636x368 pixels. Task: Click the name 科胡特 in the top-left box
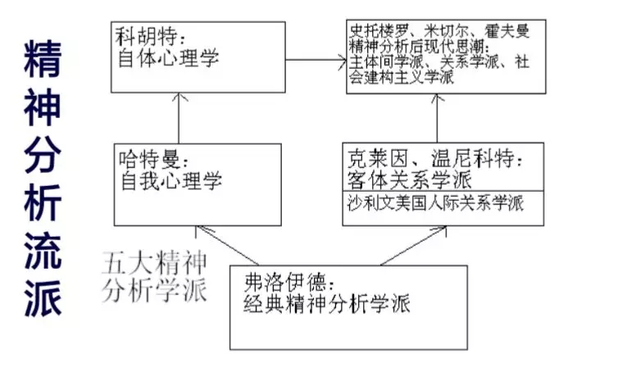pyautogui.click(x=146, y=37)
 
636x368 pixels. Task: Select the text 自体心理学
pyautogui.click(x=168, y=57)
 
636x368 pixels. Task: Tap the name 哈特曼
pyautogui.click(x=149, y=159)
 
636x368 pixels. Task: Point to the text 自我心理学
pyautogui.click(x=171, y=180)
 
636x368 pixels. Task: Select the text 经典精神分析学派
pyautogui.click(x=327, y=304)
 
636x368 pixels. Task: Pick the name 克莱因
pyautogui.click(x=377, y=158)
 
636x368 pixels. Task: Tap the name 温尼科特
pyautogui.click(x=472, y=158)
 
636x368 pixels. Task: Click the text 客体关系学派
pyautogui.click(x=409, y=179)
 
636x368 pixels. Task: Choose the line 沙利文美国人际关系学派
pyautogui.click(x=435, y=203)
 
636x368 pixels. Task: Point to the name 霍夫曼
pyautogui.click(x=507, y=31)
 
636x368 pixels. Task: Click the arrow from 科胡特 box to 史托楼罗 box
pyautogui.click(x=316, y=60)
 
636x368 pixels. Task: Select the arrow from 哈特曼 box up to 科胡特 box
pyautogui.click(x=179, y=118)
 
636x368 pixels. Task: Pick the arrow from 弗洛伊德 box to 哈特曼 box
pyautogui.click(x=227, y=245)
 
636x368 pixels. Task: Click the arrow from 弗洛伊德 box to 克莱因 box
pyautogui.click(x=413, y=246)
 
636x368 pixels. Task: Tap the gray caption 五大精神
pyautogui.click(x=155, y=263)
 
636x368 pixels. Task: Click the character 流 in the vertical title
pyautogui.click(x=43, y=252)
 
